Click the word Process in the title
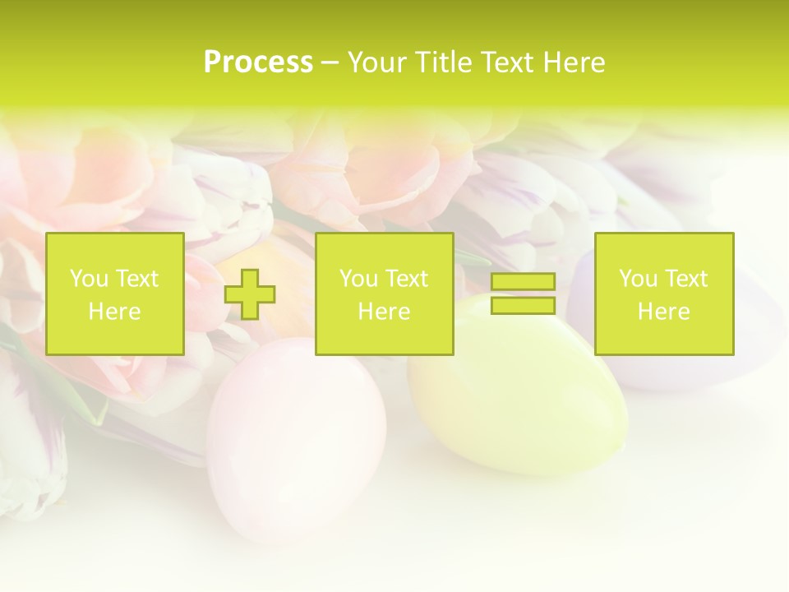click(258, 62)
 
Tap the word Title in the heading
click(444, 62)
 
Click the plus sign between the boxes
click(250, 294)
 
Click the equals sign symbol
click(523, 294)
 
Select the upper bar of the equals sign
click(523, 282)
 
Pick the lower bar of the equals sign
click(523, 305)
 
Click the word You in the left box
click(87, 279)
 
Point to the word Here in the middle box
click(384, 312)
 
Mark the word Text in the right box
click(685, 279)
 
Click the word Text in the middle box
click(405, 279)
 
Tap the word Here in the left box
click(114, 312)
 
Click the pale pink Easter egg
click(296, 436)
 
